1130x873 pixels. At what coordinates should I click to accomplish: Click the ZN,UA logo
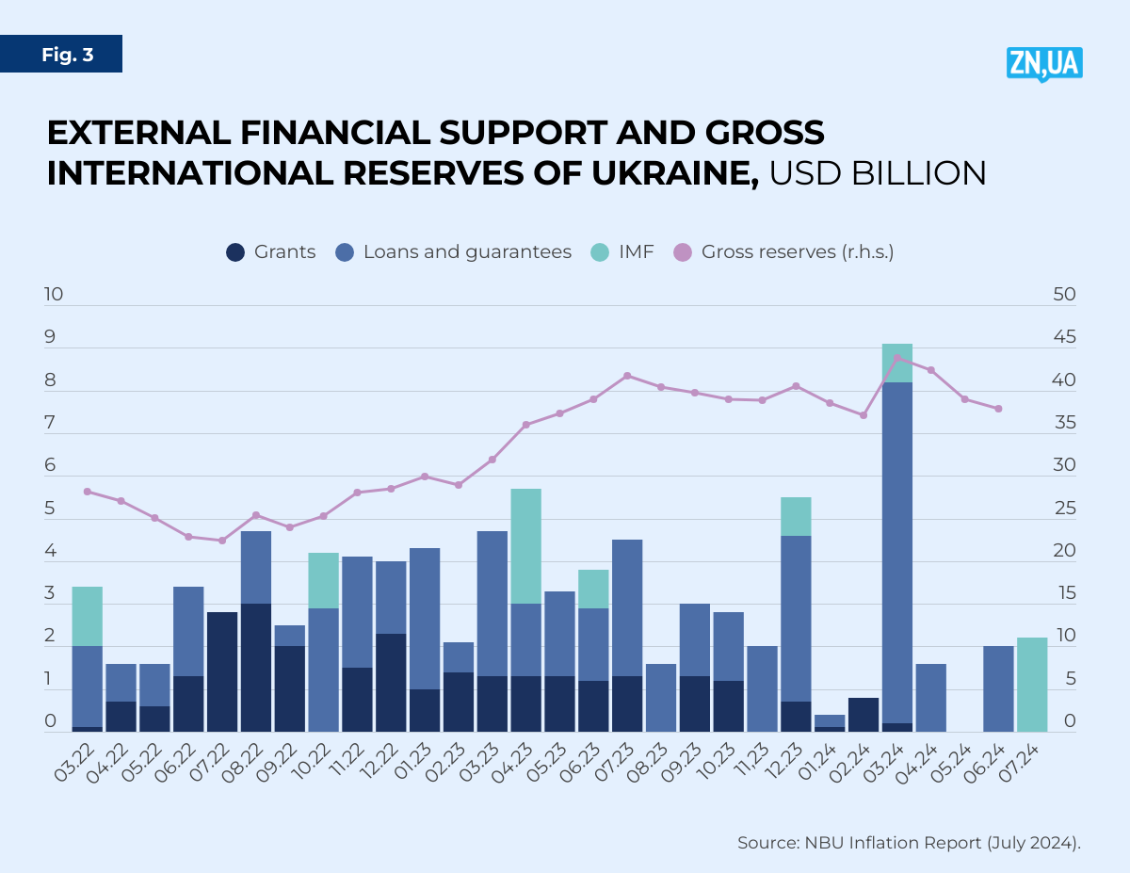click(x=1044, y=64)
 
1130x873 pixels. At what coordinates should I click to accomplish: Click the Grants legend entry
click(x=271, y=252)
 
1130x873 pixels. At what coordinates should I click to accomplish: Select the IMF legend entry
click(x=621, y=252)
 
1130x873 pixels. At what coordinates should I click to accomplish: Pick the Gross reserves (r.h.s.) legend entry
click(x=784, y=252)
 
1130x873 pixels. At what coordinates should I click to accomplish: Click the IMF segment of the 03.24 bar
click(x=897, y=363)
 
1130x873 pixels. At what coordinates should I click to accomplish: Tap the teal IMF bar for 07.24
click(x=1032, y=685)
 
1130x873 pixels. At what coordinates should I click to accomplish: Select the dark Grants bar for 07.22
click(x=222, y=671)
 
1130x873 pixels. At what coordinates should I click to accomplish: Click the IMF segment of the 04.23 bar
click(x=525, y=546)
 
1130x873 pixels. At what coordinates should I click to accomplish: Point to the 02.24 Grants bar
click(x=864, y=715)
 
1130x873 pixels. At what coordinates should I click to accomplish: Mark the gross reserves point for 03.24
click(x=897, y=357)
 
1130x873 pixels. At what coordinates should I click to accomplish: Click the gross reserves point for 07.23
click(x=627, y=376)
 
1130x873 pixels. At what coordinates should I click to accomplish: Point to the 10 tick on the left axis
click(x=54, y=295)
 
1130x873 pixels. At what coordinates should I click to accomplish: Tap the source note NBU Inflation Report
click(x=909, y=842)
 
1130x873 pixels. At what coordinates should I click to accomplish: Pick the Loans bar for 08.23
click(x=661, y=698)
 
